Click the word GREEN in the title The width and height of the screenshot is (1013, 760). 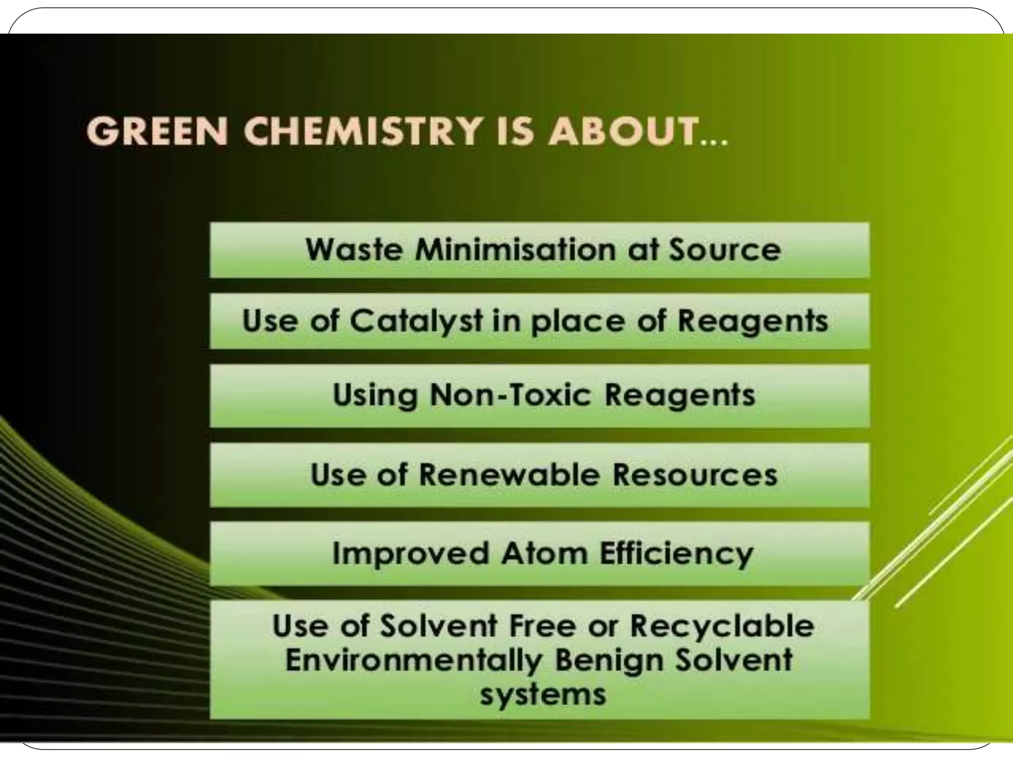pyautogui.click(x=157, y=131)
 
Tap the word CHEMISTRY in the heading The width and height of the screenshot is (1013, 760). pyautogui.click(x=362, y=131)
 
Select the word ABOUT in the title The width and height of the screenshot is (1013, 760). pyautogui.click(x=623, y=131)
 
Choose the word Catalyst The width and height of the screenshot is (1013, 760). pyautogui.click(x=416, y=321)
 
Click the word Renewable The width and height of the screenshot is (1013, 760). pyautogui.click(x=509, y=475)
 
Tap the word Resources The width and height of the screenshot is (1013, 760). pyautogui.click(x=695, y=475)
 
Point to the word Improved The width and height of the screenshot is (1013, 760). pyautogui.click(x=410, y=553)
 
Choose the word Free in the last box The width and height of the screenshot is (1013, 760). pyautogui.click(x=542, y=626)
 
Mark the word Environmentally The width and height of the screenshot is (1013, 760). pyautogui.click(x=414, y=661)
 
